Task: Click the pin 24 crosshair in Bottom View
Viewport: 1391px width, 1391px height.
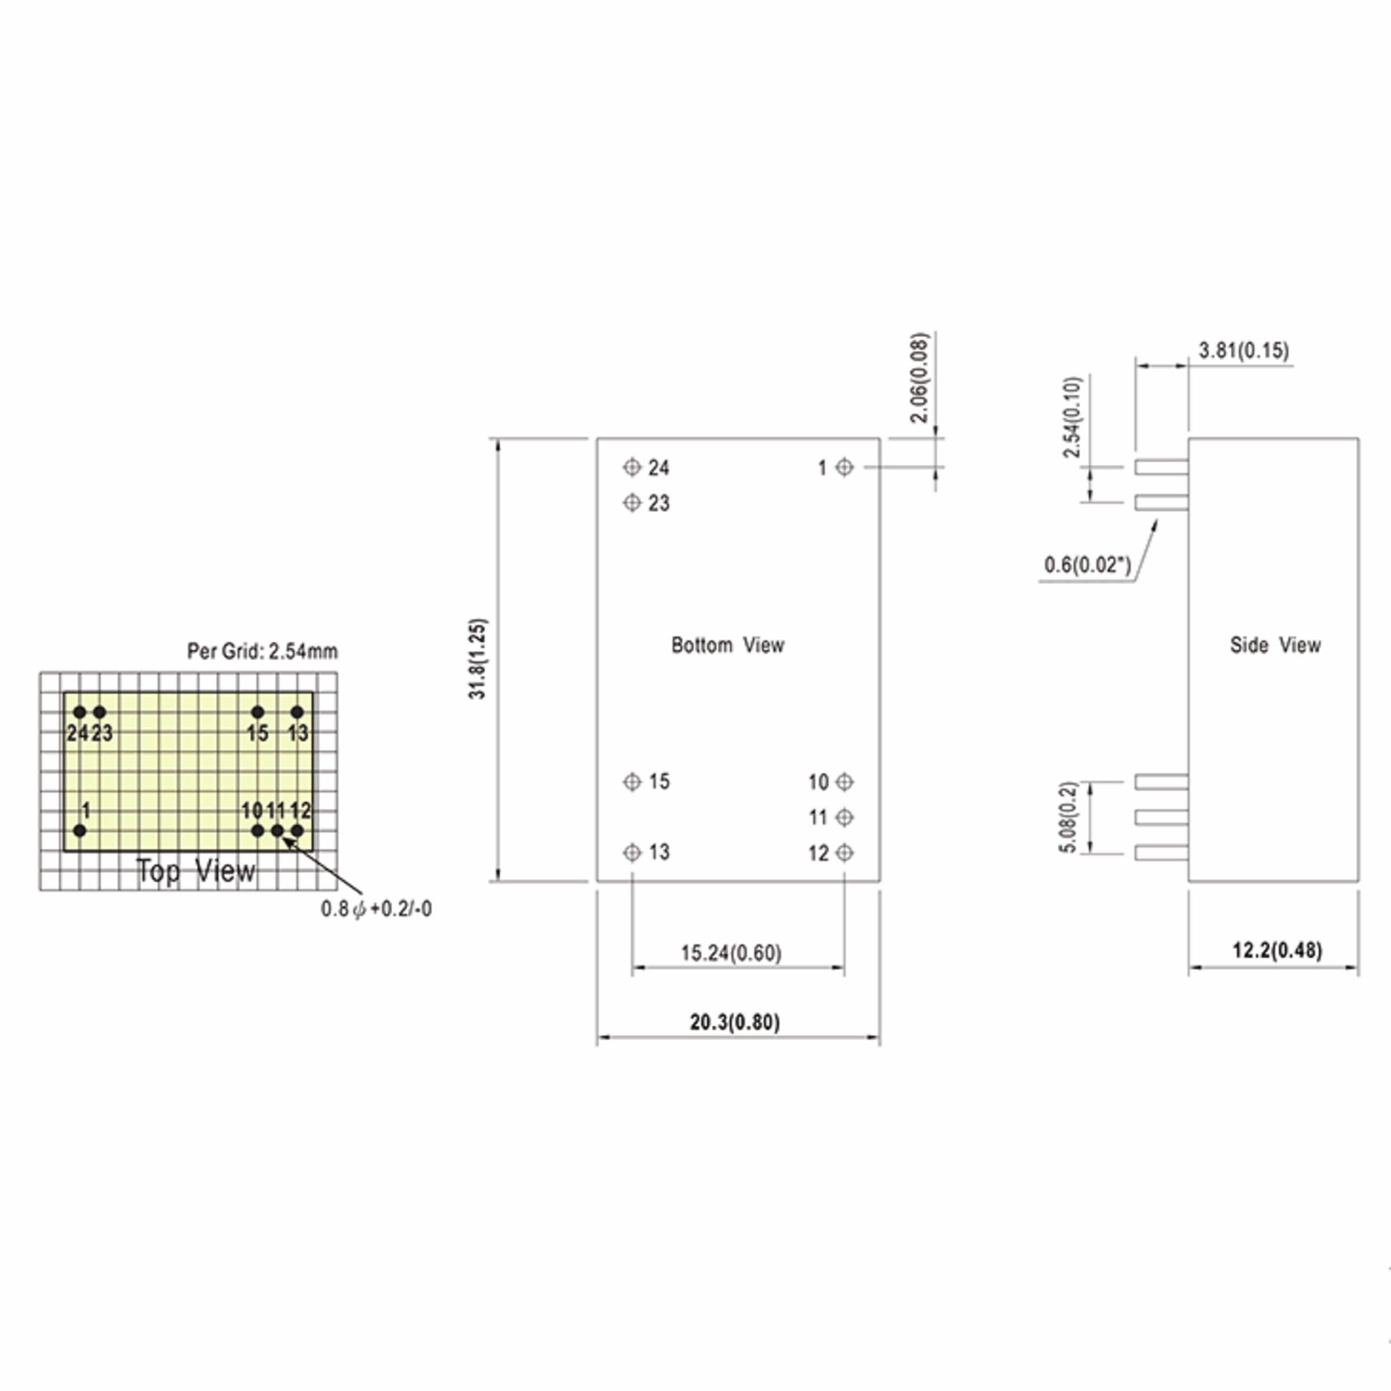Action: click(631, 467)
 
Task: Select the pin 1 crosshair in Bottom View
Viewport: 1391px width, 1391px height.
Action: click(844, 467)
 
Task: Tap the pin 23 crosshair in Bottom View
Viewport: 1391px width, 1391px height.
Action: click(631, 502)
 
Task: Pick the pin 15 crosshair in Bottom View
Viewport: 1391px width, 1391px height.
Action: click(631, 781)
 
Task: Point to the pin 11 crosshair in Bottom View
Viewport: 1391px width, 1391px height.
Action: click(844, 817)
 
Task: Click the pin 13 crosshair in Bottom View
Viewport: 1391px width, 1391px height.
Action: click(631, 853)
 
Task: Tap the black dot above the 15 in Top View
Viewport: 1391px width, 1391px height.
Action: click(258, 713)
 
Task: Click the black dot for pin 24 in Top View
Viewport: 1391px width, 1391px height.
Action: click(80, 713)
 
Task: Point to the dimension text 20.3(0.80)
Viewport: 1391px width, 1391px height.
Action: click(735, 1022)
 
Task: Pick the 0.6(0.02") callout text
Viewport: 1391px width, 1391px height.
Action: click(1088, 565)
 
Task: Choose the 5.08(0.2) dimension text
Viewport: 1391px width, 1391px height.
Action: click(1070, 817)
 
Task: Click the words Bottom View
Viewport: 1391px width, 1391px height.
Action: click(727, 645)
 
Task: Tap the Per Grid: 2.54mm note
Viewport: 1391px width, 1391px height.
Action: click(262, 651)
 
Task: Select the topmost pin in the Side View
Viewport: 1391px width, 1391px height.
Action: click(1161, 467)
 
